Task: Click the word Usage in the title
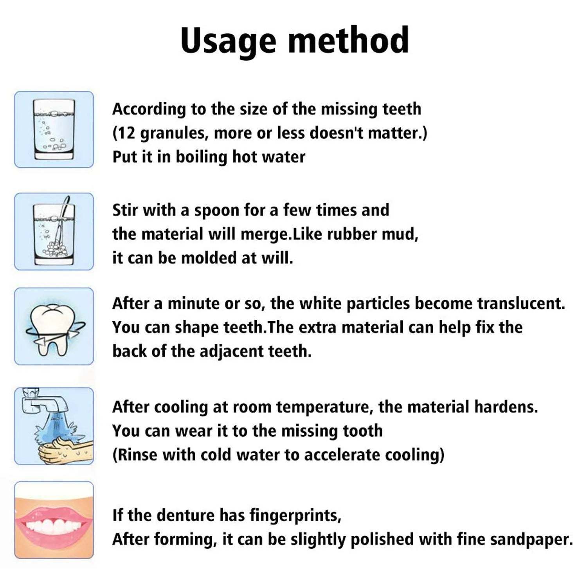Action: tap(228, 41)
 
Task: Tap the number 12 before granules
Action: tap(126, 133)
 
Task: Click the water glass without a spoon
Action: tap(54, 130)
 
